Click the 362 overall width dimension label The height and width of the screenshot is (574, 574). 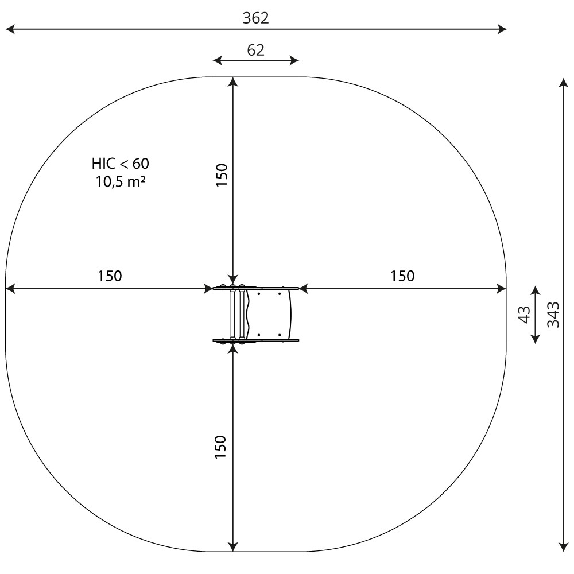pyautogui.click(x=255, y=18)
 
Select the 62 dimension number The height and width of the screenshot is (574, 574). pyautogui.click(x=255, y=50)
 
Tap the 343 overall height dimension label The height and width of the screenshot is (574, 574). pyautogui.click(x=553, y=315)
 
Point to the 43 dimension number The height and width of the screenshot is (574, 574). pyautogui.click(x=525, y=315)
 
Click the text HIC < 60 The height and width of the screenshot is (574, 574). pyautogui.click(x=121, y=164)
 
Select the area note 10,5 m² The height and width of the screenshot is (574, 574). pyautogui.click(x=121, y=181)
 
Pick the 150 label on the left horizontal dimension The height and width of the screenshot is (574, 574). pyautogui.click(x=110, y=276)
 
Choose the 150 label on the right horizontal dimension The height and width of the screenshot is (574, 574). pyautogui.click(x=402, y=276)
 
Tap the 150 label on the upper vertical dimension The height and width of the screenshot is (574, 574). pyautogui.click(x=222, y=175)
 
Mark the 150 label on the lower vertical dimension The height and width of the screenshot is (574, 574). pyautogui.click(x=220, y=447)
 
